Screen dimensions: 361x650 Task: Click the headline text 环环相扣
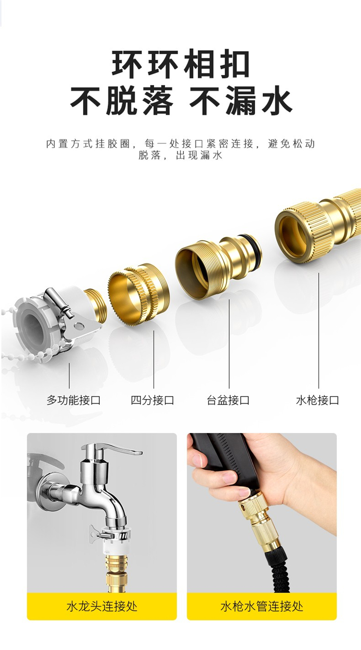180,63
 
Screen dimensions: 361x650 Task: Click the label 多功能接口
74,400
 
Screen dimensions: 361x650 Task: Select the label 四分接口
153,400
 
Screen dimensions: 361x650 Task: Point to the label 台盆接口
228,400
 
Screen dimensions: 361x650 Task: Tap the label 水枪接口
318,400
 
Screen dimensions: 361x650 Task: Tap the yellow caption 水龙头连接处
102,607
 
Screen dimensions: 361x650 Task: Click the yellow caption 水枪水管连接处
262,607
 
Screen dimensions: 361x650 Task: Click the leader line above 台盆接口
229,344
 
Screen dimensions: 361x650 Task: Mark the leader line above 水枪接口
319,330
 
